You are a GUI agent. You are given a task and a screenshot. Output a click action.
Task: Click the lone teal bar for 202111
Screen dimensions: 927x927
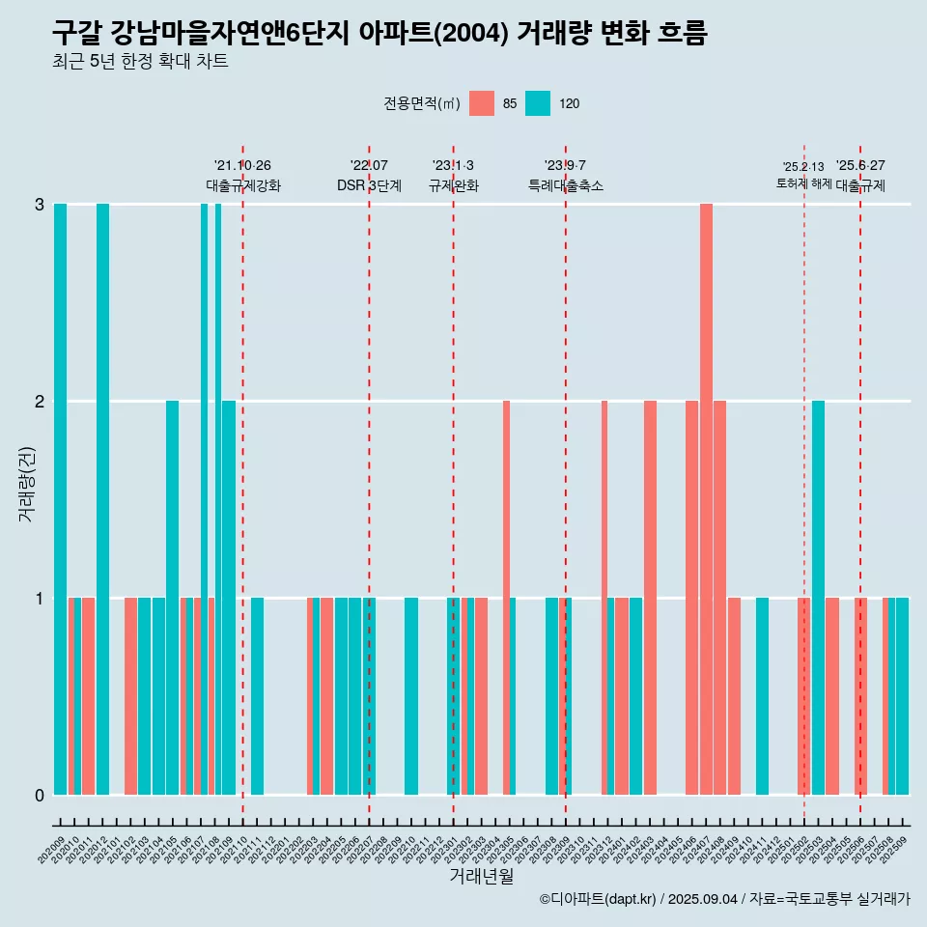click(x=257, y=695)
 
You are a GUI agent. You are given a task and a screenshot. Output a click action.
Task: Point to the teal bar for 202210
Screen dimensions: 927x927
click(x=411, y=695)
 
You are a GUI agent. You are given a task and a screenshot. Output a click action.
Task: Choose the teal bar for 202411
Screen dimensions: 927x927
click(x=762, y=695)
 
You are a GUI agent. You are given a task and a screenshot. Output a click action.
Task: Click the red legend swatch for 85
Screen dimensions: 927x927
click(x=481, y=103)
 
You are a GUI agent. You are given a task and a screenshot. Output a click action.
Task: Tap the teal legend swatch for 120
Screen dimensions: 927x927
click(x=538, y=103)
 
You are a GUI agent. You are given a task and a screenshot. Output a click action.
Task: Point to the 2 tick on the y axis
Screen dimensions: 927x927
click(x=40, y=401)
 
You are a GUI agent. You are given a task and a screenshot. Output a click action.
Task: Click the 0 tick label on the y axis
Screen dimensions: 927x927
click(x=40, y=795)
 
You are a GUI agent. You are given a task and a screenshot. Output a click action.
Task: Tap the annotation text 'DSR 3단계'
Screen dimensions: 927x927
click(x=369, y=185)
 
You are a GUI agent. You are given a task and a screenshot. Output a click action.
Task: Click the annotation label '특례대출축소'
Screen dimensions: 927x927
click(x=565, y=185)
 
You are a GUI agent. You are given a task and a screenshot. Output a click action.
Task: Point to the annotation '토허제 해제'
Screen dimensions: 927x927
click(x=803, y=183)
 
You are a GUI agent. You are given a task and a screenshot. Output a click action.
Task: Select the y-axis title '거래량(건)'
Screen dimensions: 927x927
click(x=26, y=484)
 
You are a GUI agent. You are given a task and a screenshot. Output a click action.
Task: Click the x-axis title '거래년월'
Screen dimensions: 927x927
click(x=481, y=877)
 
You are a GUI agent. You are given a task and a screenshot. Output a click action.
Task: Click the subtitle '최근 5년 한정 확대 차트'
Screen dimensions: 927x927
click(x=140, y=62)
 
